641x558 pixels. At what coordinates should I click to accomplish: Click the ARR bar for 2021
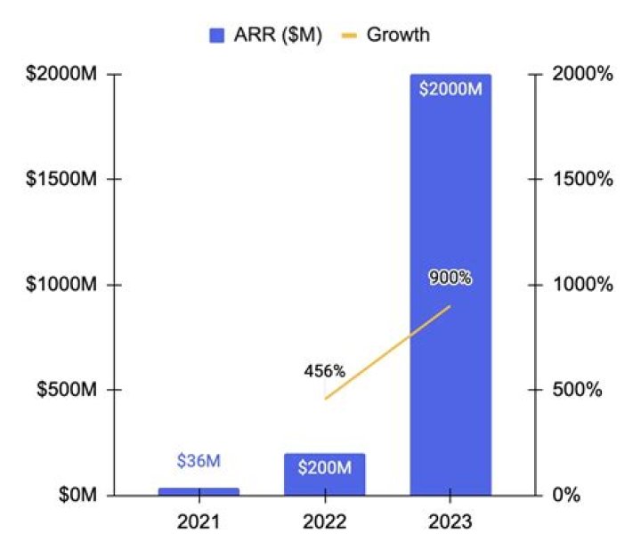(199, 490)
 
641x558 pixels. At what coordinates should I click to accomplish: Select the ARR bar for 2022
(325, 481)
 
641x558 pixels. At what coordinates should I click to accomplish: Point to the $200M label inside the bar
(325, 467)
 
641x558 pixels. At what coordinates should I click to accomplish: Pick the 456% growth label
(324, 369)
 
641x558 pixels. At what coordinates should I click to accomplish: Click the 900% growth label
(450, 278)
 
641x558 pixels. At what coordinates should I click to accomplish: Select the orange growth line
(388, 352)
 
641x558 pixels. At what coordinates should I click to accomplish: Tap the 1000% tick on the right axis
(583, 285)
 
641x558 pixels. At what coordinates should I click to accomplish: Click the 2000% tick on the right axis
(583, 75)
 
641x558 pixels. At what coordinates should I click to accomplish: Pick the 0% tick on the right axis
(569, 495)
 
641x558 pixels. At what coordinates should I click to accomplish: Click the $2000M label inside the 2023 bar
(450, 89)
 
